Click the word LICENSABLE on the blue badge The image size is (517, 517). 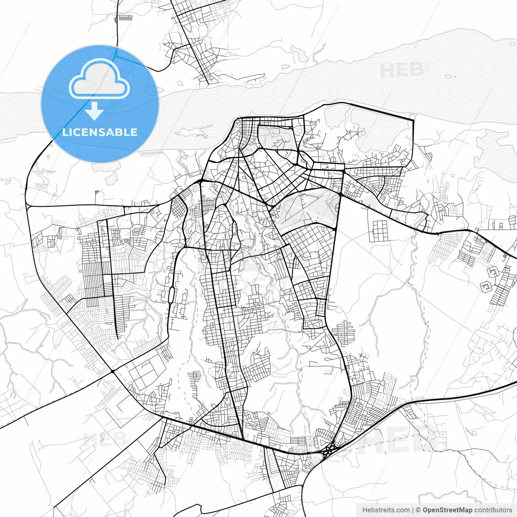[100, 132]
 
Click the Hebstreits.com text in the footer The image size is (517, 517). [386, 510]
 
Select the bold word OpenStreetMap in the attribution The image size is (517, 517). [447, 510]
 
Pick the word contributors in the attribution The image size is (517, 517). [493, 510]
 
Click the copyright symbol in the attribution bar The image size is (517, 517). [418, 510]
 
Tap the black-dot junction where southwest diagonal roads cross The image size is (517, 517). [113, 371]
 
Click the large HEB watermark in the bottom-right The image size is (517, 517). [400, 438]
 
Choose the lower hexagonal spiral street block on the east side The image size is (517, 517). [485, 287]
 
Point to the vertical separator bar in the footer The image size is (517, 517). [413, 510]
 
